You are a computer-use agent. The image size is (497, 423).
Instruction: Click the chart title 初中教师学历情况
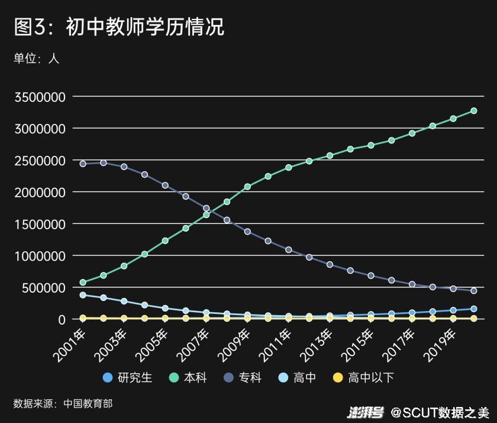pyautogui.click(x=119, y=27)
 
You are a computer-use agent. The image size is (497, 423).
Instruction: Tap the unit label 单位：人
pyautogui.click(x=37, y=58)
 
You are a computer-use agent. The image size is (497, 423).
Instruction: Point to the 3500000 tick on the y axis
pyautogui.click(x=40, y=97)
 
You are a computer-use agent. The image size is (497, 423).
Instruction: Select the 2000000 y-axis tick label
pyautogui.click(x=40, y=193)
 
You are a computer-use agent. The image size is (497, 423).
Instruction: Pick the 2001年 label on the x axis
pyautogui.click(x=70, y=344)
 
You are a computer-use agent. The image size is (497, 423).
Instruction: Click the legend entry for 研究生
pyautogui.click(x=127, y=377)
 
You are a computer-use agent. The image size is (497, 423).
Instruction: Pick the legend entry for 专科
pyautogui.click(x=242, y=377)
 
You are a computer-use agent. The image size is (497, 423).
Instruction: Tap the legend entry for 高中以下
pyautogui.click(x=363, y=377)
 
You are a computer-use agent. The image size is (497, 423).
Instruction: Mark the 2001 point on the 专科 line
pyautogui.click(x=83, y=164)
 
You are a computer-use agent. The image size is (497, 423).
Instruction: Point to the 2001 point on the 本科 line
pyautogui.click(x=83, y=283)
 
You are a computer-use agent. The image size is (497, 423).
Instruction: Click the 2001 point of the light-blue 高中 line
pyautogui.click(x=83, y=294)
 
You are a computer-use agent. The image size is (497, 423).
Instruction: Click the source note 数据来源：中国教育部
pyautogui.click(x=63, y=404)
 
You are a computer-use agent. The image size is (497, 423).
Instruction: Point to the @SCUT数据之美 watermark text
pyautogui.click(x=440, y=412)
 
